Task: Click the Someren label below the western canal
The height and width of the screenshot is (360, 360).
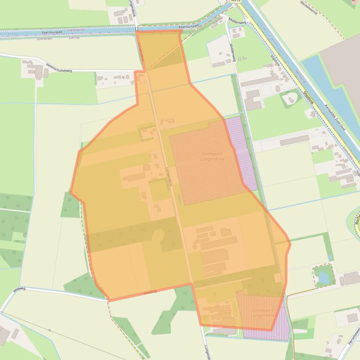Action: point(44,39)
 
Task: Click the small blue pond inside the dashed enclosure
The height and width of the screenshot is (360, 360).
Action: point(323,278)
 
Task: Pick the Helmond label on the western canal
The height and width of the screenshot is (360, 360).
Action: point(76,30)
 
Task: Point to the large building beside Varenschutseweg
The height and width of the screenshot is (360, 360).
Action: point(36,71)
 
